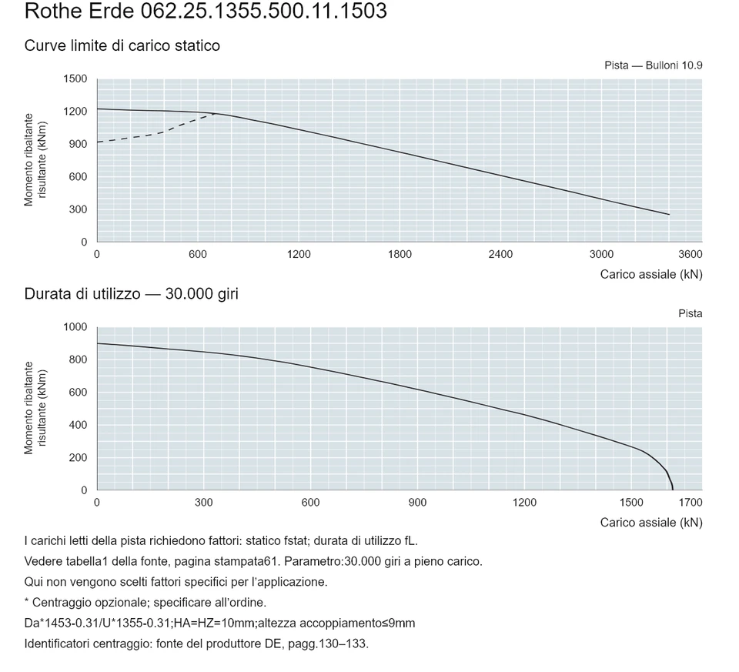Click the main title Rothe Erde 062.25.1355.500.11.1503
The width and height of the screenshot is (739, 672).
pos(206,10)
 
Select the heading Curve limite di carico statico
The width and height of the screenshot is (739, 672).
pos(122,45)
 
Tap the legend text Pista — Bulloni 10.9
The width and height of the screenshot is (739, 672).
pos(654,65)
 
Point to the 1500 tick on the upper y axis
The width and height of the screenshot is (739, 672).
pos(75,79)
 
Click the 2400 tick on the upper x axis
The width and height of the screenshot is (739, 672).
pos(500,255)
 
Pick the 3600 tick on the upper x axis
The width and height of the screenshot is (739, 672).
pos(691,255)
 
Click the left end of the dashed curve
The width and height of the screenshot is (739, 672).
pos(98,142)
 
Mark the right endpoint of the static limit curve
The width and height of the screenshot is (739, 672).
pos(669,215)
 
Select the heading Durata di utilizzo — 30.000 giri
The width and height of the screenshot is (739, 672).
pos(132,294)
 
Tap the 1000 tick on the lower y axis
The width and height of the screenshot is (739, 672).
pos(75,327)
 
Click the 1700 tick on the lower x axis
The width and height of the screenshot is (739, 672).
pos(691,503)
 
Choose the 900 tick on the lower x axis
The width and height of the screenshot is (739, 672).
pos(417,503)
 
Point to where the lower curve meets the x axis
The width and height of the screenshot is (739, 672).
pos(673,490)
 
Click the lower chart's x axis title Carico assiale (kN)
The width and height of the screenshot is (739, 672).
pos(651,523)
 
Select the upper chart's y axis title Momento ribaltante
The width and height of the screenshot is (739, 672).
pos(28,160)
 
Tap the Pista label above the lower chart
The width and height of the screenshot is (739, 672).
pos(691,313)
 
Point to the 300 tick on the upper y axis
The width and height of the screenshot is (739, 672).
pos(79,209)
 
